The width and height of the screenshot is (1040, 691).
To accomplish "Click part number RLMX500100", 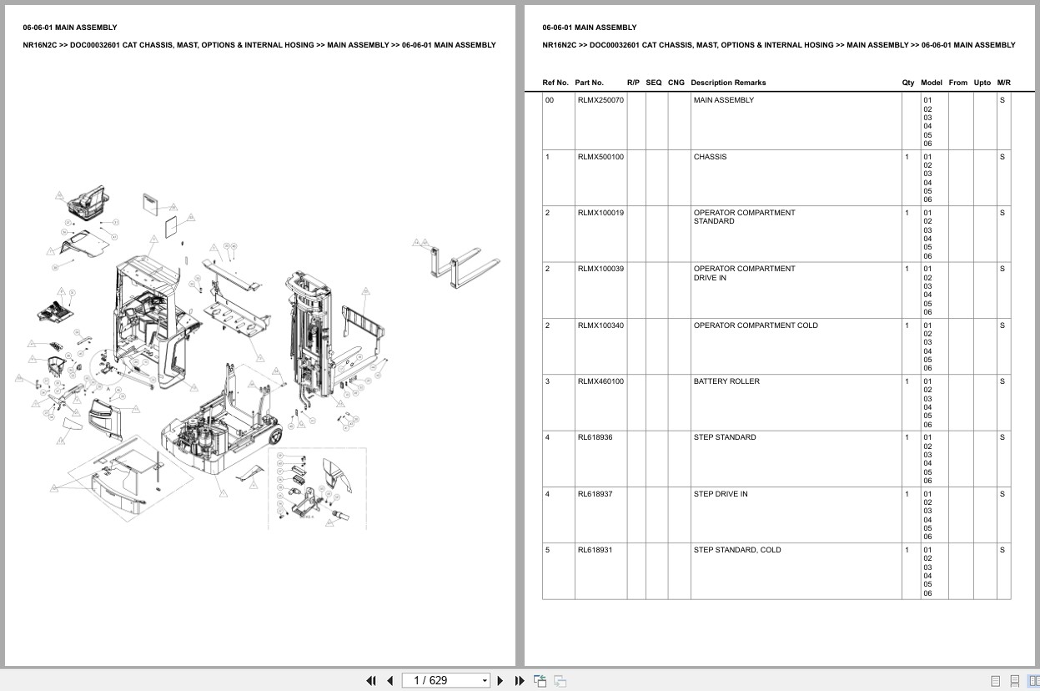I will click(600, 157).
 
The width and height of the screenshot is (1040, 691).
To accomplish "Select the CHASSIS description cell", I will click(710, 157).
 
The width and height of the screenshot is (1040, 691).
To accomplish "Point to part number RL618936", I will click(595, 437).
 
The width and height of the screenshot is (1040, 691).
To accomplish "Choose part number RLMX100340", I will click(600, 325).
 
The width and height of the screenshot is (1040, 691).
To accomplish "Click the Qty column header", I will click(908, 83).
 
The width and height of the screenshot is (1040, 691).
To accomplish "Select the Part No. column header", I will click(589, 83).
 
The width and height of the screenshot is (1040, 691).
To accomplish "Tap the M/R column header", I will click(1003, 83).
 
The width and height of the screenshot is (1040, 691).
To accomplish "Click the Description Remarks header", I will click(728, 83).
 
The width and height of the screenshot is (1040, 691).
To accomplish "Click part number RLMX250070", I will click(600, 100).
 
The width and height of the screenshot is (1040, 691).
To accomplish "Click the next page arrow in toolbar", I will click(500, 680).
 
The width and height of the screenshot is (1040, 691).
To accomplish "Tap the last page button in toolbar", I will click(520, 680).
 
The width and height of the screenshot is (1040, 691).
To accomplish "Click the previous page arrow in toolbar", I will click(389, 680).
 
